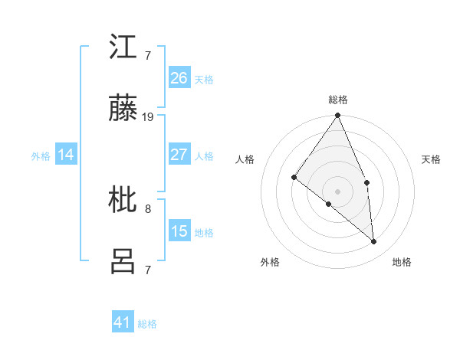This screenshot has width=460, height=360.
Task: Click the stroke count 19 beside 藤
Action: click(x=149, y=117)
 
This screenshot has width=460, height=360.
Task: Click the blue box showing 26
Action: click(x=179, y=78)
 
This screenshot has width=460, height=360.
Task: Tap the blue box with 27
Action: click(x=179, y=155)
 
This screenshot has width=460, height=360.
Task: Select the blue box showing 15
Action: click(x=179, y=231)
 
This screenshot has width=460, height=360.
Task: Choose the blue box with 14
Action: click(x=66, y=155)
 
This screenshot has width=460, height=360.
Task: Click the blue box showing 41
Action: click(x=123, y=323)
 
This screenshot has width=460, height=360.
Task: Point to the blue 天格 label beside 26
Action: click(x=204, y=79)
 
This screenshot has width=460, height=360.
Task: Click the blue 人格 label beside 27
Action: click(x=204, y=155)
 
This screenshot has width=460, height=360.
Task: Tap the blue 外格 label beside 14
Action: click(x=41, y=155)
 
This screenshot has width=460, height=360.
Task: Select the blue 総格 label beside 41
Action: click(x=147, y=324)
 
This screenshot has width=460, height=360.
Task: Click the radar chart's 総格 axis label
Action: click(x=337, y=100)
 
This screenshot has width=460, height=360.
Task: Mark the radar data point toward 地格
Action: click(x=374, y=241)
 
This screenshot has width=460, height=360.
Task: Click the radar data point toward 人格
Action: click(x=294, y=177)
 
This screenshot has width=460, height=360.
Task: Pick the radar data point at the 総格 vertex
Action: click(x=337, y=116)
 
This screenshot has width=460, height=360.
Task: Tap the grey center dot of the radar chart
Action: click(x=337, y=191)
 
